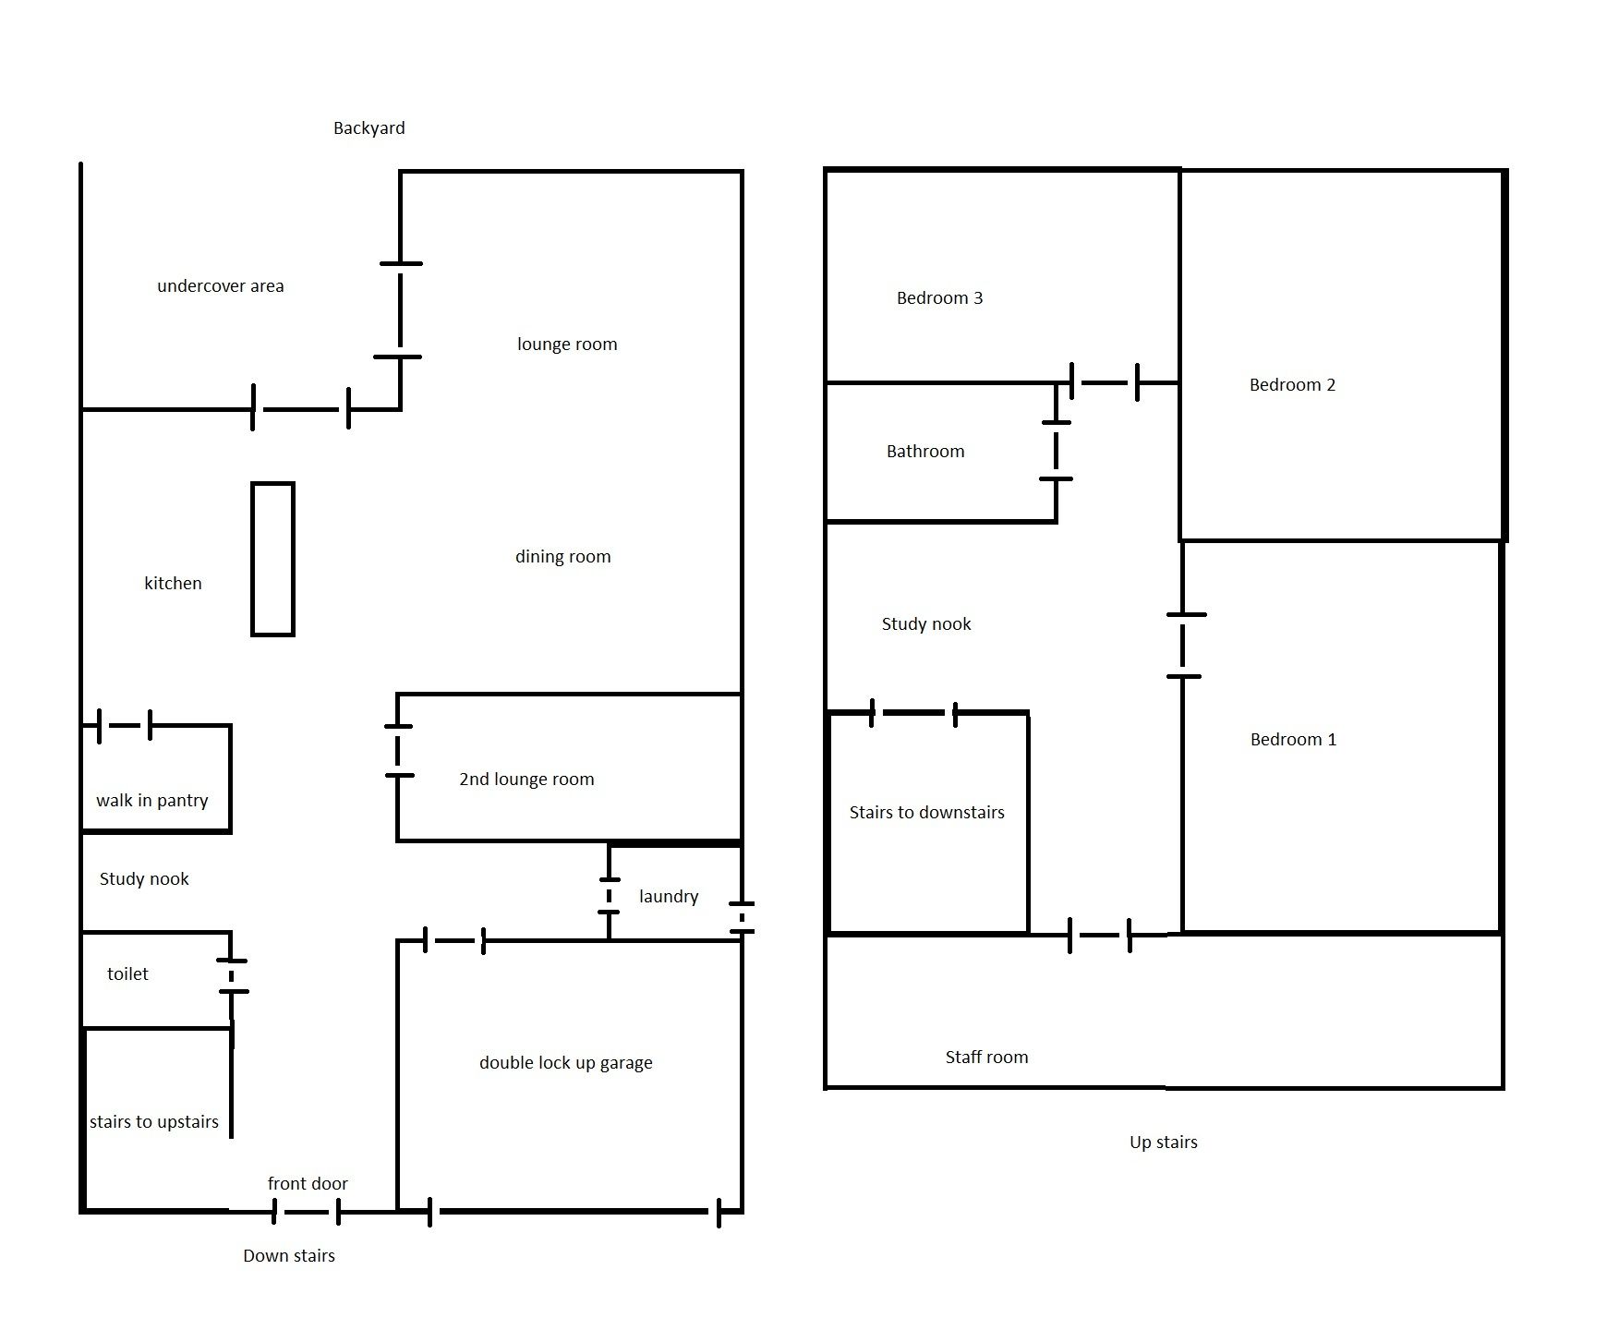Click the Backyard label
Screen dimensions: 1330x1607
pyautogui.click(x=369, y=128)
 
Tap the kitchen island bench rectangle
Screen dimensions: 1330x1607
pyautogui.click(x=272, y=559)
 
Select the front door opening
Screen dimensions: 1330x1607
pyautogui.click(x=307, y=1211)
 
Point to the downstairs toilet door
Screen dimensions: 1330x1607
pyautogui.click(x=233, y=975)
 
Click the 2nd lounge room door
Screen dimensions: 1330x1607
pyautogui.click(x=398, y=751)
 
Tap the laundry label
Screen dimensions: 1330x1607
pyautogui.click(x=668, y=897)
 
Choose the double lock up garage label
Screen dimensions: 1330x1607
pyautogui.click(x=565, y=1063)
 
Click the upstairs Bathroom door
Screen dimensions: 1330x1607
pyautogui.click(x=1056, y=451)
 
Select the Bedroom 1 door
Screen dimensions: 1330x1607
pyautogui.click(x=1183, y=646)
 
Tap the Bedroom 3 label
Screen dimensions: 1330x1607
pyautogui.click(x=939, y=298)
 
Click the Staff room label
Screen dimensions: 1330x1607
pyautogui.click(x=986, y=1058)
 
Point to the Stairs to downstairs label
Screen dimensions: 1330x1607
pyautogui.click(x=926, y=813)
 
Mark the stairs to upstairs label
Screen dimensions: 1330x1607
pyautogui.click(x=154, y=1122)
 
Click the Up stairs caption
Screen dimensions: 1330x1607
pyautogui.click(x=1163, y=1143)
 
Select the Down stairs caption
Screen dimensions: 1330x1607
pyautogui.click(x=288, y=1256)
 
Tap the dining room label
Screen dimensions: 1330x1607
pyautogui.click(x=562, y=557)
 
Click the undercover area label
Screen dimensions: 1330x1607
pyautogui.click(x=220, y=286)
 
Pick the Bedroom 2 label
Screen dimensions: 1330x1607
pyautogui.click(x=1292, y=385)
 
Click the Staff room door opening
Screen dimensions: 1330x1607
pyautogui.click(x=1099, y=935)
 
